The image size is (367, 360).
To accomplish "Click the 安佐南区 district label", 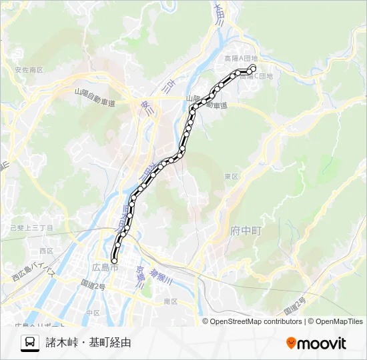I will [x=28, y=69].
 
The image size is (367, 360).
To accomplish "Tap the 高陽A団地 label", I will [x=241, y=59].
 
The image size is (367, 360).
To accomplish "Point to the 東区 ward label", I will [x=232, y=177].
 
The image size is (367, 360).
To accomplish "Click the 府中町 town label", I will [x=246, y=231].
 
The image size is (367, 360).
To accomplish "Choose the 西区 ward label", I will [x=46, y=251].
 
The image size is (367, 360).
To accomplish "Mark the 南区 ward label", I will [x=170, y=301].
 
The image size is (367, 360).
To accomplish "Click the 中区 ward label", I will [x=92, y=312].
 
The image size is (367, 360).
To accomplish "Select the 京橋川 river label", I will [x=141, y=277].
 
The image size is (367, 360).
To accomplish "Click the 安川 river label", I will [x=146, y=107].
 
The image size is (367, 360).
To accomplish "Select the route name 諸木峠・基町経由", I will [x=88, y=343].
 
